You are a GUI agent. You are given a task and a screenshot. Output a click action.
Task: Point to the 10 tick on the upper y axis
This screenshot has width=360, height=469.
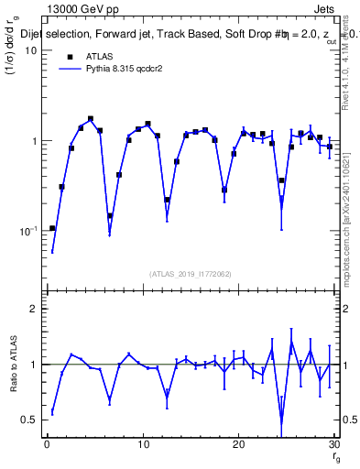point(29,50)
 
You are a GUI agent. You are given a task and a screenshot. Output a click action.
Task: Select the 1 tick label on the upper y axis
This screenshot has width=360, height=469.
point(33,141)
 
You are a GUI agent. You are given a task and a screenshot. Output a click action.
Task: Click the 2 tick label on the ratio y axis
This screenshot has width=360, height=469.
point(33,309)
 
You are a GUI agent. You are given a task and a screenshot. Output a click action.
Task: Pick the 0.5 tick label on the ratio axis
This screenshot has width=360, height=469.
point(28,420)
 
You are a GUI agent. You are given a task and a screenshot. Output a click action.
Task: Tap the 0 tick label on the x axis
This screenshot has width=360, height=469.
point(47,445)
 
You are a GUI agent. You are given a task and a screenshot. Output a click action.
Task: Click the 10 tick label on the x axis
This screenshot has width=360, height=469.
point(142,445)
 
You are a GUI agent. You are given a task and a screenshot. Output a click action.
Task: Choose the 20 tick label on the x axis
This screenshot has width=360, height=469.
point(238,445)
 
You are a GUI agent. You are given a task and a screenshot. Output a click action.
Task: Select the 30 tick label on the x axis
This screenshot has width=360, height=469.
point(333,445)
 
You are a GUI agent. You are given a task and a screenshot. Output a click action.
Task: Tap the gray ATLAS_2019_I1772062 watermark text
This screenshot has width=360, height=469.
point(191,273)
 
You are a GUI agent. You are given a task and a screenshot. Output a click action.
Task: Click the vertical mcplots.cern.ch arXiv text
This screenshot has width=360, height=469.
point(348,211)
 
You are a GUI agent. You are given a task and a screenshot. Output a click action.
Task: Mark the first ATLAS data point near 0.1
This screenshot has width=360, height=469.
point(52,228)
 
